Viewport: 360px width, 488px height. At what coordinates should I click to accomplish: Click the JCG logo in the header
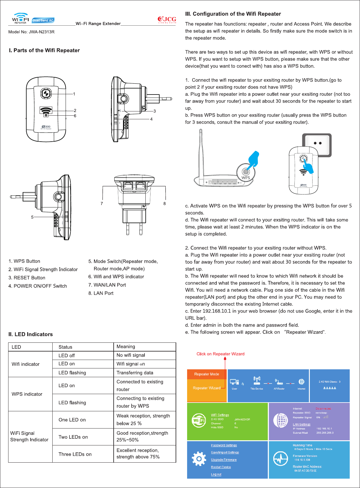167,20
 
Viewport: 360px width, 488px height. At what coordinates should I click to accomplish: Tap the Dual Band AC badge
43,20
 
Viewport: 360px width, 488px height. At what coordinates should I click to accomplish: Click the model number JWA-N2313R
31,32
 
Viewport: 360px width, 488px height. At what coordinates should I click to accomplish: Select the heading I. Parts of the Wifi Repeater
44,50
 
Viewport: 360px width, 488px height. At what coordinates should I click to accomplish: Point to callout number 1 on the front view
74,94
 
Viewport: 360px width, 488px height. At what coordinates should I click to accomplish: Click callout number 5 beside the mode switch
32,217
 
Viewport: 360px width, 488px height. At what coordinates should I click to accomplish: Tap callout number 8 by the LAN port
164,204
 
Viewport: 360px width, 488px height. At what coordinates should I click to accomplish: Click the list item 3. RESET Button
27,278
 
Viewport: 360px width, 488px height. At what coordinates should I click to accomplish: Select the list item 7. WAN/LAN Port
107,285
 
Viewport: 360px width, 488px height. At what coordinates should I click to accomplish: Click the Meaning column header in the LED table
126,347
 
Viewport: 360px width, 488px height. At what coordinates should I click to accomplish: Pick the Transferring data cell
135,373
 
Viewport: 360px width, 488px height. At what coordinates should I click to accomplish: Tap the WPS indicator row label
27,394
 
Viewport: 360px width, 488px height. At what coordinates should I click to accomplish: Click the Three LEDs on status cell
75,454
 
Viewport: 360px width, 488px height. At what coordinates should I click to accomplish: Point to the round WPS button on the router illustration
246,172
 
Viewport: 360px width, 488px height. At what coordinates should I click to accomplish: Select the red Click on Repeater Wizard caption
220,354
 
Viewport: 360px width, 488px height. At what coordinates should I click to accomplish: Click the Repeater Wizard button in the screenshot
207,388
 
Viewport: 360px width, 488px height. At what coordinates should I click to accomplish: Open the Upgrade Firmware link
224,460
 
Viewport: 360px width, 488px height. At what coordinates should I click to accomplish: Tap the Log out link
216,474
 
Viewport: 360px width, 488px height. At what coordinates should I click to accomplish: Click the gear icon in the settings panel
199,459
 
